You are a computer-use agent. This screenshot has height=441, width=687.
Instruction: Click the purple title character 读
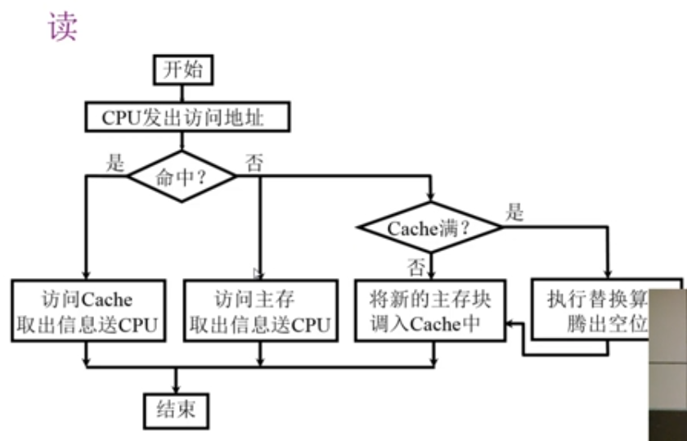[62, 26]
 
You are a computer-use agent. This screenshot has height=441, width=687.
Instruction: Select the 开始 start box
[182, 70]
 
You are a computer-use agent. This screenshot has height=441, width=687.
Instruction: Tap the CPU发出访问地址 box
[187, 118]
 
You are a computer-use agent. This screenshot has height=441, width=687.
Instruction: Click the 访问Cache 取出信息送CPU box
[87, 311]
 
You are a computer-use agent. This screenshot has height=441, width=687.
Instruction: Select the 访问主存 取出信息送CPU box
[260, 311]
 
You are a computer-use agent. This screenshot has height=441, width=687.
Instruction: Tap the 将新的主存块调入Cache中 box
[432, 311]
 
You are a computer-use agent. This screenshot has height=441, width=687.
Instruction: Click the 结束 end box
[174, 408]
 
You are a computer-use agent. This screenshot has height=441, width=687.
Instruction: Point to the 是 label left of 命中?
[115, 162]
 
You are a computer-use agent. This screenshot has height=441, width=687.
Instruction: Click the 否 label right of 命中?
[254, 162]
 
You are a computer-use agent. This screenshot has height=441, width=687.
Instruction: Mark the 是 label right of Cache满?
[514, 214]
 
